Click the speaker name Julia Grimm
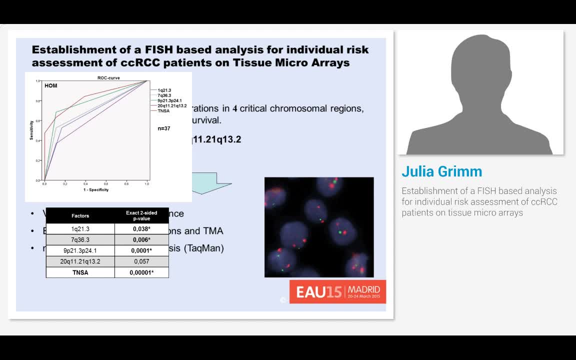point(442,171)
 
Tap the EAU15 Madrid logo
point(337,291)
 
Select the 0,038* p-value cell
point(142,228)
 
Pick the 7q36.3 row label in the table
point(80,239)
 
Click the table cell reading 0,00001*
point(142,272)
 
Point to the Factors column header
point(80,216)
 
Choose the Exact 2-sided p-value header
point(141,215)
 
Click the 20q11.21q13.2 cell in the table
point(80,261)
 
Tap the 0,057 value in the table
point(142,261)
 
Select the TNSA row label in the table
point(80,272)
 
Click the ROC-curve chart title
point(108,78)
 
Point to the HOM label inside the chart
point(51,86)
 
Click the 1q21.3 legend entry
point(164,90)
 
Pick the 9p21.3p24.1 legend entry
point(169,100)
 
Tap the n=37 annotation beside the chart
point(163,128)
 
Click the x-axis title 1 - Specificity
point(96,190)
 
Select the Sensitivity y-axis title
point(31,130)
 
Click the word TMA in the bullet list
point(213,231)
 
